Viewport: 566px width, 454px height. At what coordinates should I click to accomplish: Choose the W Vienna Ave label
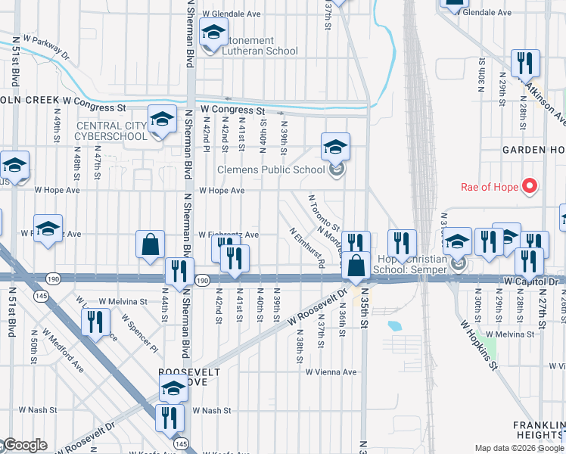pos(331,372)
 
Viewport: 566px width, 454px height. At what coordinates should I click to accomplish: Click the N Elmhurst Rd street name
pos(306,247)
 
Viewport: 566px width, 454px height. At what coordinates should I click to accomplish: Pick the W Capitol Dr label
pos(530,281)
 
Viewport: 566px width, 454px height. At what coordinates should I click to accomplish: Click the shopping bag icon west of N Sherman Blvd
pos(150,244)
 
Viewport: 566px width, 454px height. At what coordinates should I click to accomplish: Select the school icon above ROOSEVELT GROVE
pos(173,389)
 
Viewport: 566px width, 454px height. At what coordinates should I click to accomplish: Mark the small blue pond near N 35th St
pos(393,326)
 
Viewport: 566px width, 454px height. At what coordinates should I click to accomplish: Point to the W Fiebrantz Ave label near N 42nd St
pos(229,235)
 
